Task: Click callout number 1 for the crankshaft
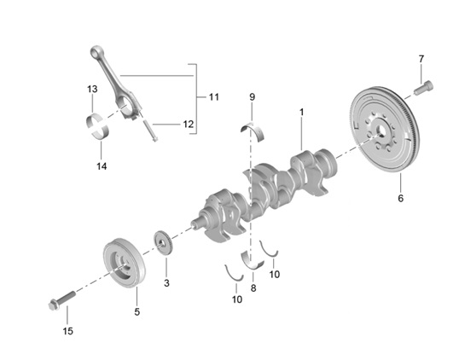tap(301, 112)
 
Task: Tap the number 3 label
tap(166, 282)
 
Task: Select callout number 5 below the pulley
tap(136, 312)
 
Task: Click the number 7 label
tap(421, 58)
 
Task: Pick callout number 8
tap(253, 288)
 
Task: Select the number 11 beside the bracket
tap(213, 97)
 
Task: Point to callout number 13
tap(91, 89)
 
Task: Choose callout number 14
tap(102, 165)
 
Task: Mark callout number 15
tap(67, 330)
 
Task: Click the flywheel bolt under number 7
tap(422, 85)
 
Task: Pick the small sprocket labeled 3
tap(162, 244)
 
